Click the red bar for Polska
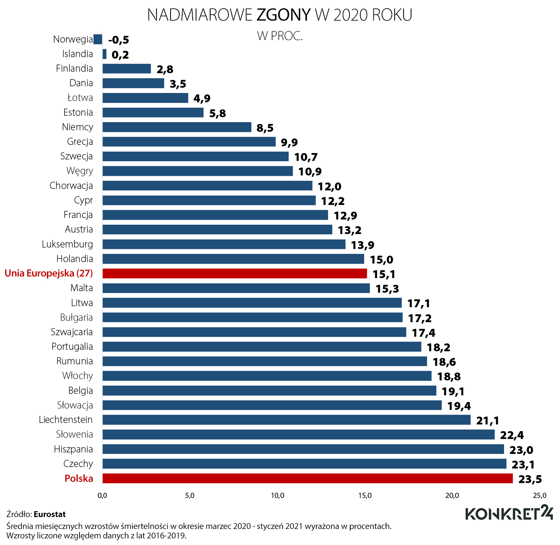click(308, 478)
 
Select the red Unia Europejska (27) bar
click(234, 273)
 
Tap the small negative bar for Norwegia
click(98, 39)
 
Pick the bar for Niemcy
click(177, 127)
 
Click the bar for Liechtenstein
click(286, 420)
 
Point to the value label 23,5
click(530, 479)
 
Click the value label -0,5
click(119, 40)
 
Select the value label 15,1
click(384, 274)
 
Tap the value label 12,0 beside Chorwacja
click(329, 186)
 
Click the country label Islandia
click(78, 54)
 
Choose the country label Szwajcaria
click(72, 332)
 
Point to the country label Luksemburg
click(67, 244)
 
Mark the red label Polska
click(79, 478)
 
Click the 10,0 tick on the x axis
click(277, 496)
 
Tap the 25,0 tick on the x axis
click(539, 496)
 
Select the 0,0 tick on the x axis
click(102, 496)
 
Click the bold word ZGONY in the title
click(284, 15)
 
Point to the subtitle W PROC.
click(280, 36)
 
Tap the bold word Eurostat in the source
click(50, 514)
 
